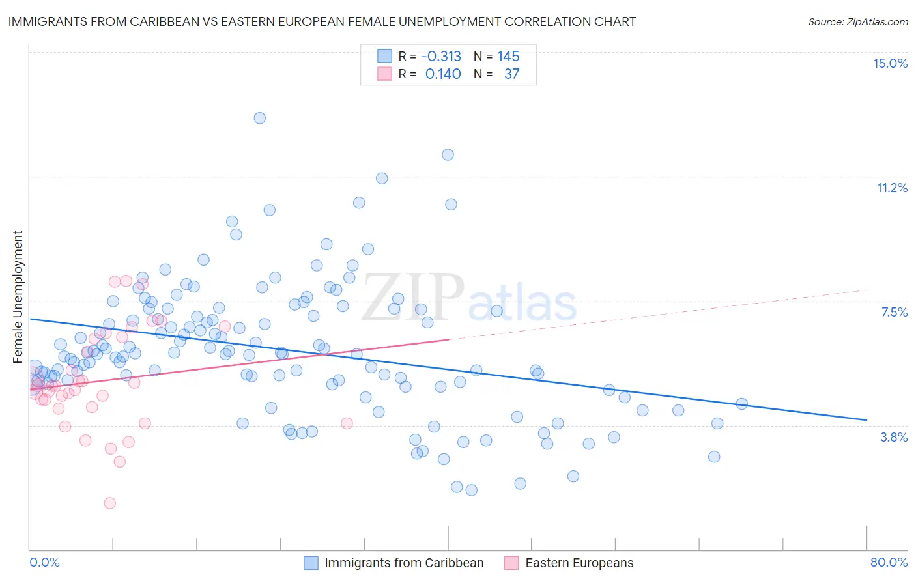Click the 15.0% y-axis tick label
(x=890, y=63)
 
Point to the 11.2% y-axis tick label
(x=892, y=188)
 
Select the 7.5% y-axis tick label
(x=894, y=312)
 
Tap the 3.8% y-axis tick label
(x=894, y=437)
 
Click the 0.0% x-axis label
(x=44, y=562)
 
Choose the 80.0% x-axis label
(x=889, y=562)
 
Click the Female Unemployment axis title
(x=18, y=296)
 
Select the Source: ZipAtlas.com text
(x=857, y=21)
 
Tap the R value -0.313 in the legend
(x=441, y=56)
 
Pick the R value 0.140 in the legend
(x=443, y=74)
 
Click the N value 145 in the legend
(x=508, y=56)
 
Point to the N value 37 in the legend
(x=511, y=74)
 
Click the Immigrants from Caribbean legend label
(x=404, y=563)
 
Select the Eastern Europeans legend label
(x=579, y=563)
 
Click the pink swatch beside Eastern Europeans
(x=511, y=563)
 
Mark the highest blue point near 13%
(x=259, y=118)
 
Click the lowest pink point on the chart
(x=110, y=503)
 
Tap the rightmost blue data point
(x=741, y=404)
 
